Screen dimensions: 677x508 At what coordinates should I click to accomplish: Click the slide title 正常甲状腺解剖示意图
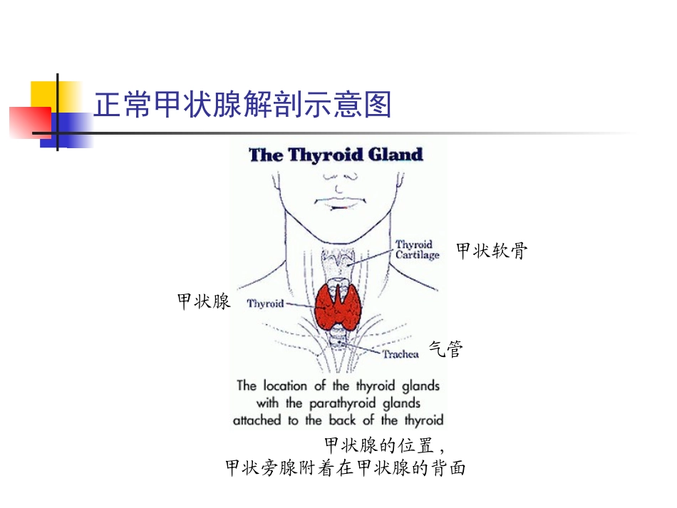tap(243, 105)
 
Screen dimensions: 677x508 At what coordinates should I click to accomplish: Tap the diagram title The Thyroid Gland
tap(336, 155)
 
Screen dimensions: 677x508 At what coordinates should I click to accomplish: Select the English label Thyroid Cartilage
tap(417, 249)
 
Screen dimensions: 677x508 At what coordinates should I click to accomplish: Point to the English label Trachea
tap(400, 354)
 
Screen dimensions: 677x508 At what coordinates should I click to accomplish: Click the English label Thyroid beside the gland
tap(265, 304)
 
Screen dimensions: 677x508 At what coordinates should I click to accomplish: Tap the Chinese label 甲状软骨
tap(492, 251)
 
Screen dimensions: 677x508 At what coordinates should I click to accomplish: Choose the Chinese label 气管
tap(446, 348)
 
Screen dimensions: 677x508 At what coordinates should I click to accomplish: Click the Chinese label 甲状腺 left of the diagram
tap(204, 301)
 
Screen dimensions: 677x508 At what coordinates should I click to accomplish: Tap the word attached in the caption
tap(258, 420)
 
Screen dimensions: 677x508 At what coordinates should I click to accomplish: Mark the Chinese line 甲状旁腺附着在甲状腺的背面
tap(345, 468)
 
